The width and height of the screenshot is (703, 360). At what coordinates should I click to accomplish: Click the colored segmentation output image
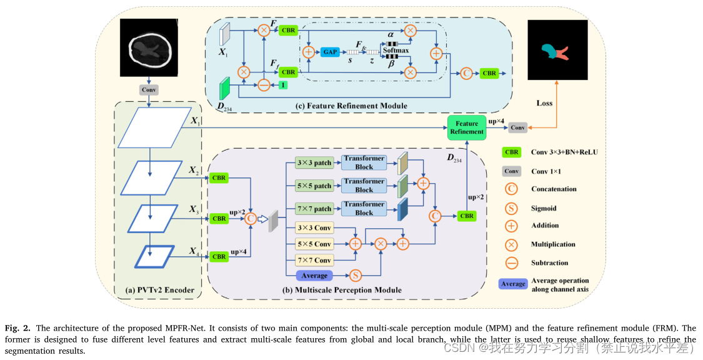(x=558, y=49)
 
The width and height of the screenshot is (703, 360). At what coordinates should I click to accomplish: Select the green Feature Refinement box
(x=467, y=127)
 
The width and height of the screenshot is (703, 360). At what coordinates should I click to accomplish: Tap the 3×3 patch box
(x=314, y=163)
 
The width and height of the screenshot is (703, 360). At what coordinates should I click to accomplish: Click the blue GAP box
(x=329, y=52)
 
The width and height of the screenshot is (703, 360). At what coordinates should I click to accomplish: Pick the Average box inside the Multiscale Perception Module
(x=314, y=275)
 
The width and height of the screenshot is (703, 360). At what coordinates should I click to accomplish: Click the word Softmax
(x=396, y=50)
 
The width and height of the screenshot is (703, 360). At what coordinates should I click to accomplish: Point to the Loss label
(x=545, y=102)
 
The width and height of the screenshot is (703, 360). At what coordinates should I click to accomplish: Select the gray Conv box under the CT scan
(x=149, y=89)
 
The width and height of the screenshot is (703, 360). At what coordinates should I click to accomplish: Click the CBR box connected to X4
(x=219, y=256)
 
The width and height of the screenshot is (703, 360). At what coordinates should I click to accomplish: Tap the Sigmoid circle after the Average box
(x=355, y=275)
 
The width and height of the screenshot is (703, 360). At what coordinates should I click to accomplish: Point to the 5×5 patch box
(x=314, y=186)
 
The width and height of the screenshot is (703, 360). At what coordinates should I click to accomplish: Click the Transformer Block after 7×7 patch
(x=364, y=208)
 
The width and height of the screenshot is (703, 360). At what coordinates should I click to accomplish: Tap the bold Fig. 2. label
(x=17, y=328)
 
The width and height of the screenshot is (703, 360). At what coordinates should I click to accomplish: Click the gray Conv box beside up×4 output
(x=517, y=127)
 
